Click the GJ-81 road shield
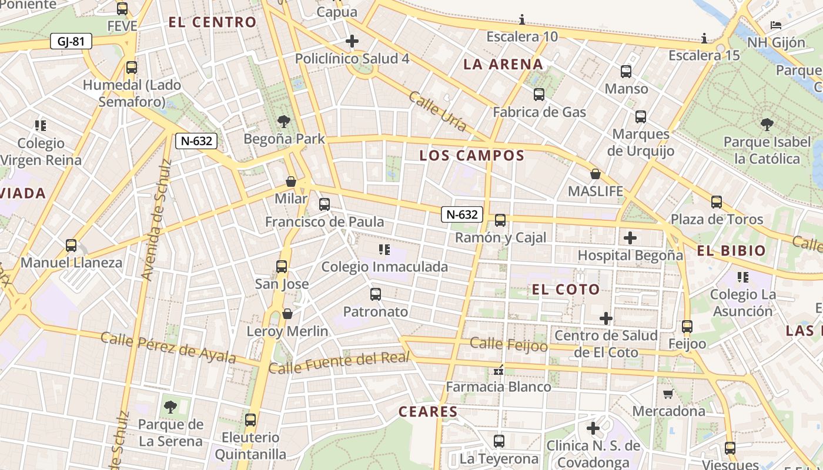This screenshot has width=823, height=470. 71,42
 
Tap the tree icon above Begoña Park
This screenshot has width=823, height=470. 284,122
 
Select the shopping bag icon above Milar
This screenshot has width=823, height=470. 291,182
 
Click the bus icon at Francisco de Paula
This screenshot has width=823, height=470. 324,204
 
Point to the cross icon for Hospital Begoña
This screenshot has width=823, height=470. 630,238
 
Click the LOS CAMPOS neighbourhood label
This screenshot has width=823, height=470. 471,156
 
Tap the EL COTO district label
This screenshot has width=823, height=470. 566,289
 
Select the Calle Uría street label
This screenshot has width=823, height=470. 437,111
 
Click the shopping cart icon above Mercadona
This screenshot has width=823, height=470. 668,394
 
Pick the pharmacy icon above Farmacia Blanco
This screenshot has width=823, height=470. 499,370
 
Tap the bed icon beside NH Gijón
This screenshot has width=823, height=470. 776,25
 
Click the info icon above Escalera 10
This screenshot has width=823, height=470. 521,19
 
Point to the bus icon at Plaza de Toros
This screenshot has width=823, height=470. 716,202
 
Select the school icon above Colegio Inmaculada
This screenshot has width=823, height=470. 384,250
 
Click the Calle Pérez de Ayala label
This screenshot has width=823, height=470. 168,348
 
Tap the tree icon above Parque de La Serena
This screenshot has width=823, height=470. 170,407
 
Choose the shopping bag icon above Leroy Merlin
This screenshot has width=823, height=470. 287,314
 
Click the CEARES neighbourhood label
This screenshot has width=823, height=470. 428,412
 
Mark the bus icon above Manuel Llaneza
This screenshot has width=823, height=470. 71,246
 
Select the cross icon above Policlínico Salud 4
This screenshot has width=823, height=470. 352,41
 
